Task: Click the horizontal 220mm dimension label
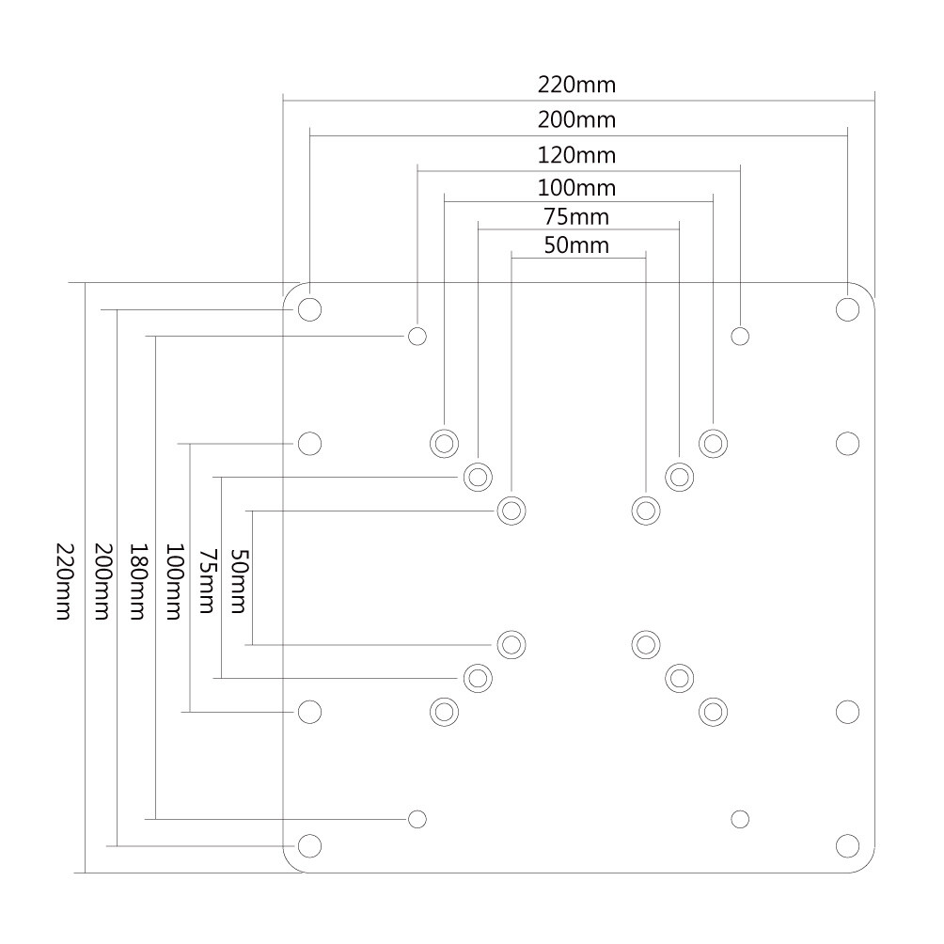tap(576, 86)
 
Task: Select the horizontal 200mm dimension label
tap(576, 120)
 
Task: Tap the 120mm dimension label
tap(576, 153)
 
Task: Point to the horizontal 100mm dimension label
tap(576, 186)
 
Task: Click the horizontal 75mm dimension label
tap(576, 217)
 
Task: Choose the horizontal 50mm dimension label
tap(576, 246)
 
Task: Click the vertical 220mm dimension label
tap(64, 580)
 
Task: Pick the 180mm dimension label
tap(137, 580)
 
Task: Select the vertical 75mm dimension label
tap(206, 580)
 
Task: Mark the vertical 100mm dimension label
tap(172, 580)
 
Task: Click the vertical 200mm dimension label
tap(102, 580)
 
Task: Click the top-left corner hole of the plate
tap(309, 309)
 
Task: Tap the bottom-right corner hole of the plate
tap(847, 845)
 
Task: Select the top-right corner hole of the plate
tap(847, 309)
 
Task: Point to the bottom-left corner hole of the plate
tap(309, 845)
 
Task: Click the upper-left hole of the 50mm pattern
tap(511, 511)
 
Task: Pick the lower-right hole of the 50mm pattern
tap(645, 644)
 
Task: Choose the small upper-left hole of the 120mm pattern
tap(418, 336)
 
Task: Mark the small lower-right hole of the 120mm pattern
tap(740, 819)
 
